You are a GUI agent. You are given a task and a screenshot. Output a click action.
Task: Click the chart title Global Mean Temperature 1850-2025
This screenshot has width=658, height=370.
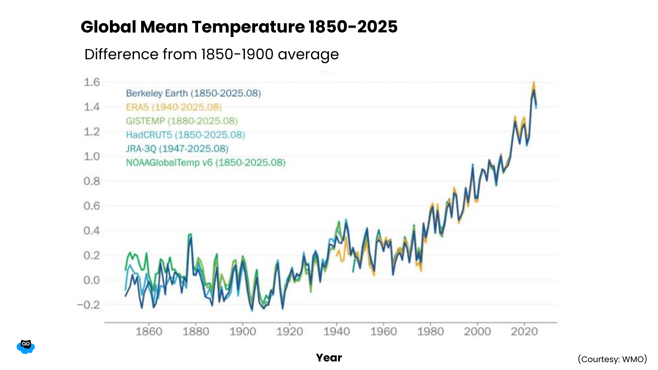pos(239,27)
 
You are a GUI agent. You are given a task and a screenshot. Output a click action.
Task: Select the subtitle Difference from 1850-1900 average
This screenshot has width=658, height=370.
pos(211,54)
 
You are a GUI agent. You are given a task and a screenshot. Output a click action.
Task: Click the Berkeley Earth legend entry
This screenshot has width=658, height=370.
pos(193,93)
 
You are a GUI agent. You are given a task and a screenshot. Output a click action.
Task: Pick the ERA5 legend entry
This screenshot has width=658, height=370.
pos(174,107)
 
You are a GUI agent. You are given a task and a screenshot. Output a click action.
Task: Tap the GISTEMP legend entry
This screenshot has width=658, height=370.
pos(182,121)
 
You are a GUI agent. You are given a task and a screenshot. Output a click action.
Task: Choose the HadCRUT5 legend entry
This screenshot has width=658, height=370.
pos(185,135)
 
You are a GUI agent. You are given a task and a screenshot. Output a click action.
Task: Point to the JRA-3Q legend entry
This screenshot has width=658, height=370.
pos(177,149)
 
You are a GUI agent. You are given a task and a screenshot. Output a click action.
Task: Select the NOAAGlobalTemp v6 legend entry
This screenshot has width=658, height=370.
pos(206,162)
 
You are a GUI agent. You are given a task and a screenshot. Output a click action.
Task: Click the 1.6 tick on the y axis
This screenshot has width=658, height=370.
pos(92,82)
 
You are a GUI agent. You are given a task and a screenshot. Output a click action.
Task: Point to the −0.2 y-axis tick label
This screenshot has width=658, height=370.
pos(88,305)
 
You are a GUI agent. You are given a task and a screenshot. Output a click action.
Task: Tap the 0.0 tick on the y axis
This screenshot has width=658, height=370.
pos(92,280)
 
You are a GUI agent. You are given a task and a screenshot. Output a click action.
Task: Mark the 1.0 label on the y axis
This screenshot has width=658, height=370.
pos(92,157)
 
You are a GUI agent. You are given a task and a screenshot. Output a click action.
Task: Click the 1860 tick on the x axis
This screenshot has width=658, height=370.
pos(149,331)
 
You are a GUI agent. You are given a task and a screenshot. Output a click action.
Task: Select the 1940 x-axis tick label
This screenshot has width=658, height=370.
pos(337,331)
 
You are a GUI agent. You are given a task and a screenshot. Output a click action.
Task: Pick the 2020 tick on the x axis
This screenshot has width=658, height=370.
pos(524,331)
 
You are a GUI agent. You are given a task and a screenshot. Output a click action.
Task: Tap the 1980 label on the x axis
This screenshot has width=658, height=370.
pos(430,331)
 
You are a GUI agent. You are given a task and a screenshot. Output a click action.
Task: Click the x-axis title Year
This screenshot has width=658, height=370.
pos(329,358)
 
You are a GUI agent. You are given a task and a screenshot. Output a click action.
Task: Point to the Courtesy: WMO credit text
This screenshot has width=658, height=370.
pos(612,359)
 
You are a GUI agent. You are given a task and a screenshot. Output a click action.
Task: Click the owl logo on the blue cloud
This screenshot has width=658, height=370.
pos(26,346)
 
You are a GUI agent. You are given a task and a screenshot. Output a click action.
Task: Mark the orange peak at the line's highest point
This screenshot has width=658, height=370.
pos(534,83)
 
